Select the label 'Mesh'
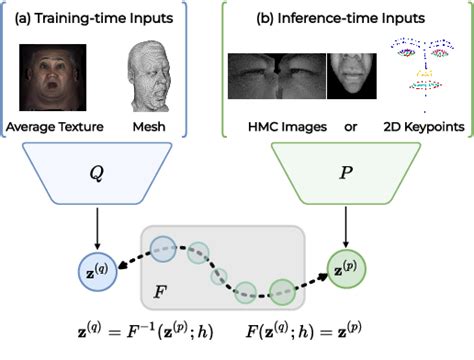[x=148, y=127]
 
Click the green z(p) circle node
[x=345, y=267]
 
